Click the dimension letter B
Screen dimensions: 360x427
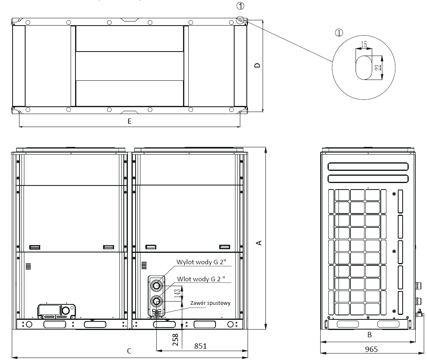coord(369,335)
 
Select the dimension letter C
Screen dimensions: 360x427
coord(129,351)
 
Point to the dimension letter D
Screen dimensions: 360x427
coord(257,65)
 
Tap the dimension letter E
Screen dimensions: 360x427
coord(129,121)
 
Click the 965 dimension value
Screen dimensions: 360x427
coord(371,349)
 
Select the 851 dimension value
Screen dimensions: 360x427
coord(200,346)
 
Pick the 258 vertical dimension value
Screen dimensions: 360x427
coord(175,339)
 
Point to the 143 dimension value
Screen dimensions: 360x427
coord(177,293)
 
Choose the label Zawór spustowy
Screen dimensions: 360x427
coord(211,303)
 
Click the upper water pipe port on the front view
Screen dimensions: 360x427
coord(157,286)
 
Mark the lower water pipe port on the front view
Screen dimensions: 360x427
coord(157,301)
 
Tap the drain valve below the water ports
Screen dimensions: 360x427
coord(157,313)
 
